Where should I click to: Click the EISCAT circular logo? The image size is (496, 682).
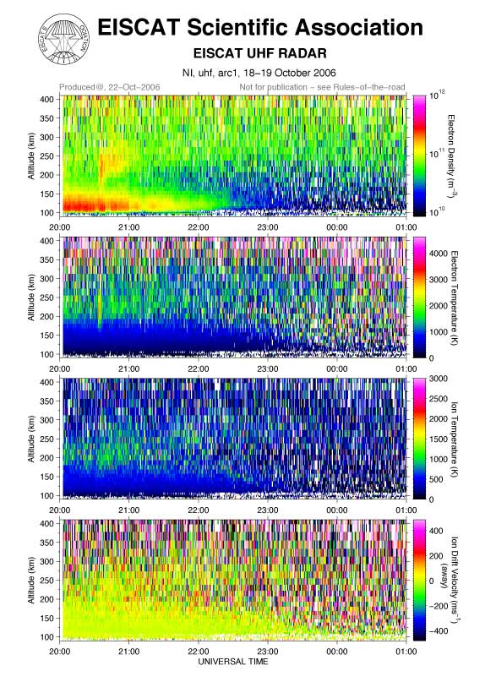(65, 39)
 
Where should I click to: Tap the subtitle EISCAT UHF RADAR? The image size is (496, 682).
(259, 53)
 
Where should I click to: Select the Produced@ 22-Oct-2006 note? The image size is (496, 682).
(110, 87)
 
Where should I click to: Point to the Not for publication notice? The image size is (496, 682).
(322, 87)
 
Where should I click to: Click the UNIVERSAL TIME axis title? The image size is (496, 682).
(233, 662)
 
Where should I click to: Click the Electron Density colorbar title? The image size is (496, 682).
(452, 155)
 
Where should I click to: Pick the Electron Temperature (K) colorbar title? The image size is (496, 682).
(454, 297)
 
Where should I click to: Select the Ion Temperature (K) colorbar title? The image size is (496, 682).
(454, 439)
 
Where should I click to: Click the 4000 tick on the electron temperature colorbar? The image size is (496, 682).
(439, 254)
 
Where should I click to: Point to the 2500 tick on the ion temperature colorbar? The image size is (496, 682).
(439, 398)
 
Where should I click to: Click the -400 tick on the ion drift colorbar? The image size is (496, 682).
(438, 630)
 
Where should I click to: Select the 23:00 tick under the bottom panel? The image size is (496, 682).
(267, 651)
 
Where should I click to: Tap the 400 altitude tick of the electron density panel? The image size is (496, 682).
(47, 99)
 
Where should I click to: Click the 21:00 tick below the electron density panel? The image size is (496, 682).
(129, 227)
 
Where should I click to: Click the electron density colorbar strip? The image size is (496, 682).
(419, 155)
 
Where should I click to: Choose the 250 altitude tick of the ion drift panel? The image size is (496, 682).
(47, 581)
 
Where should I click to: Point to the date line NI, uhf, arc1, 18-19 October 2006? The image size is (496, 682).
(259, 73)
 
